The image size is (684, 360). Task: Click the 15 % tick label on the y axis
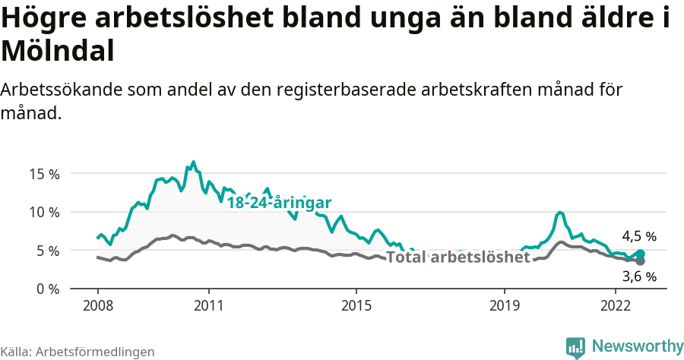pyautogui.click(x=44, y=174)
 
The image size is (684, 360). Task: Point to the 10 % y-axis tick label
pyautogui.click(x=44, y=212)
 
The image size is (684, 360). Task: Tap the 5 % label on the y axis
pyautogui.click(x=47, y=250)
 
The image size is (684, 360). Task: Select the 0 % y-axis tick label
pyautogui.click(x=47, y=289)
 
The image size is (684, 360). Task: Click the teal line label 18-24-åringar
pyautogui.click(x=279, y=203)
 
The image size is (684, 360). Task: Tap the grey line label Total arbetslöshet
pyautogui.click(x=458, y=257)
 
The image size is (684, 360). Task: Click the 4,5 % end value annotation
pyautogui.click(x=638, y=236)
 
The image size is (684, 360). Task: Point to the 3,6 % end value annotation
pyautogui.click(x=638, y=276)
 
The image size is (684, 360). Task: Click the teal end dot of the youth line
pyautogui.click(x=640, y=254)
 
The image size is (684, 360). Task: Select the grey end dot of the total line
pyautogui.click(x=640, y=261)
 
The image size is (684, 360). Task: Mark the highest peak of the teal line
pyautogui.click(x=193, y=162)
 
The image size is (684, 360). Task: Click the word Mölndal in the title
pyautogui.click(x=58, y=51)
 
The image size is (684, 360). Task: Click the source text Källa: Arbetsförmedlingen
pyautogui.click(x=78, y=352)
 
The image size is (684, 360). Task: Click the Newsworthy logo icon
pyautogui.click(x=575, y=346)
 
